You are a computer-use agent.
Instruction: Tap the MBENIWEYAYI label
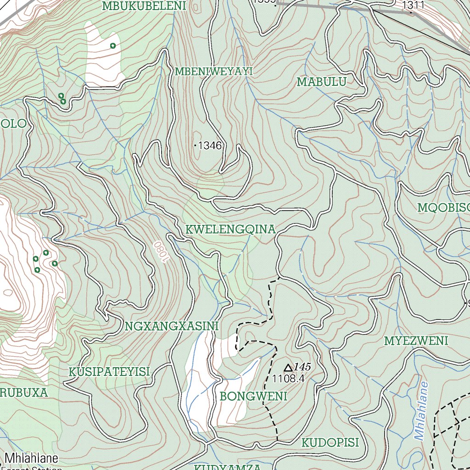(x=214, y=72)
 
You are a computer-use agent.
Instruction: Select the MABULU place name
(x=321, y=82)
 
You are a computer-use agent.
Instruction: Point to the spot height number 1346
(x=210, y=146)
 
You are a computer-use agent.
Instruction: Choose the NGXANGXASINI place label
(x=171, y=326)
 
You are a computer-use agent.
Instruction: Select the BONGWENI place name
(x=253, y=396)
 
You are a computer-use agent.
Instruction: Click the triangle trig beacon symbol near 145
(x=288, y=368)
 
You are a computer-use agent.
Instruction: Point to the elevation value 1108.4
(x=288, y=379)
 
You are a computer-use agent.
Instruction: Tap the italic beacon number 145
(x=303, y=367)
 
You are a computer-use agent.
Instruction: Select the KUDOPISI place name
(x=330, y=442)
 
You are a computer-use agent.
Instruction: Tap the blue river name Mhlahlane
(x=421, y=411)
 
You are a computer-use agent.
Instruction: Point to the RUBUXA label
(x=24, y=393)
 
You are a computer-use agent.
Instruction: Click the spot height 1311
(x=413, y=5)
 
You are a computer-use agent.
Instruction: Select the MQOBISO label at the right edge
(x=443, y=208)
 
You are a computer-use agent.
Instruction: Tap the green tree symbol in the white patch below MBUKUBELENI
(x=112, y=45)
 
